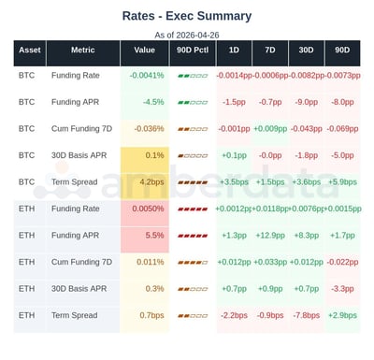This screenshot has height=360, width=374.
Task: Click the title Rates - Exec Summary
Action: click(x=187, y=16)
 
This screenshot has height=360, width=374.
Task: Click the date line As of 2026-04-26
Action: click(x=187, y=35)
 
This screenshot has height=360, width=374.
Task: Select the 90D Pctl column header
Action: click(x=192, y=50)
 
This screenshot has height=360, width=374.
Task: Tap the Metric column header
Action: click(x=90, y=50)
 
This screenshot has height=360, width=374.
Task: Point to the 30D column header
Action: click(x=304, y=50)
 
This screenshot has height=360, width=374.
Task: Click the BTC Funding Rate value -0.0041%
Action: click(x=146, y=75)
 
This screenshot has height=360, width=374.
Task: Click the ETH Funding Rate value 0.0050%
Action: click(x=148, y=209)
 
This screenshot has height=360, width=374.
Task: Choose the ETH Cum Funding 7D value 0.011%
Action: click(x=150, y=262)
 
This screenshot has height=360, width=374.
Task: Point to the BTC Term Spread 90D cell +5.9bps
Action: click(x=344, y=181)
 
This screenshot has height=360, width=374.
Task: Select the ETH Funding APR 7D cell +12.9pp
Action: click(x=269, y=236)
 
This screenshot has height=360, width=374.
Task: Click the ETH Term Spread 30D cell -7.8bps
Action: click(x=304, y=315)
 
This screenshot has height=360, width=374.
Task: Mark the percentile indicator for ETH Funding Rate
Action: click(x=192, y=209)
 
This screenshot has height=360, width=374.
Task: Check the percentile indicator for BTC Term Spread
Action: click(x=192, y=181)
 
